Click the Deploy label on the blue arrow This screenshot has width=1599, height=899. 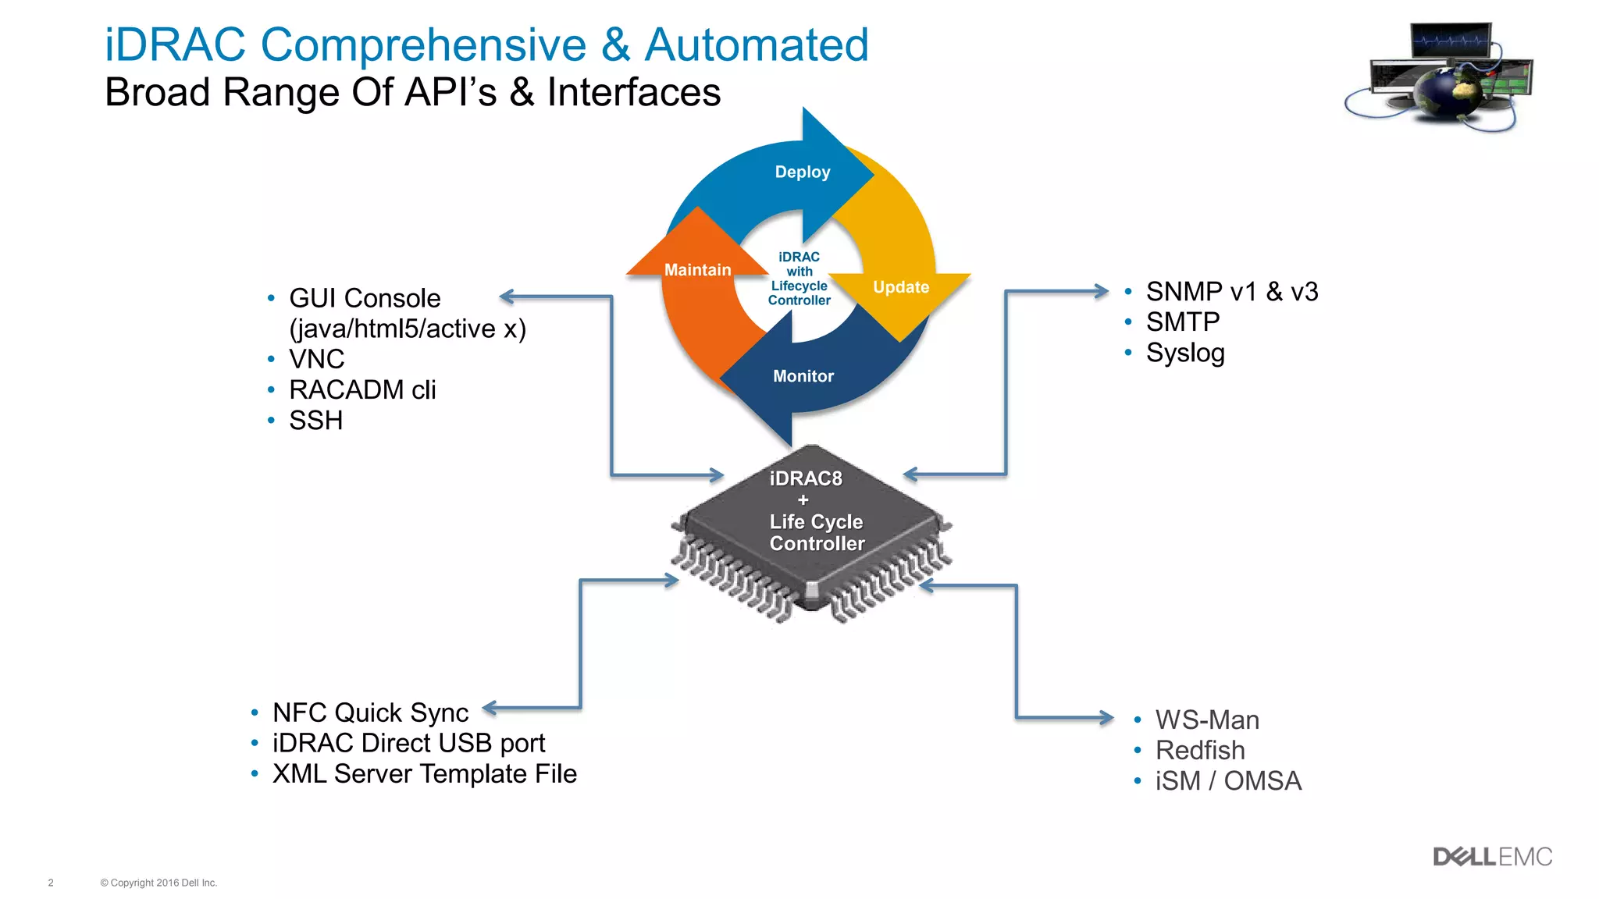click(802, 172)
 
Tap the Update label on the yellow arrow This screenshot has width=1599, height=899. click(900, 287)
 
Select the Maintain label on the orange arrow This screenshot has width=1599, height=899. click(697, 270)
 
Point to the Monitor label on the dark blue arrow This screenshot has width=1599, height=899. click(803, 376)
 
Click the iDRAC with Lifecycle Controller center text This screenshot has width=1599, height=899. click(799, 279)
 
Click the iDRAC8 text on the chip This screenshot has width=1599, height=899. click(805, 478)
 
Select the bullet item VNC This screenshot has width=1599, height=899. click(316, 359)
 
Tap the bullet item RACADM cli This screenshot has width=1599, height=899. click(362, 389)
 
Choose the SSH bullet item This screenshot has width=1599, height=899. click(315, 421)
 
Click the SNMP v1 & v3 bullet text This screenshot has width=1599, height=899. click(1231, 292)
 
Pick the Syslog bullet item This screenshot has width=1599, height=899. click(1184, 353)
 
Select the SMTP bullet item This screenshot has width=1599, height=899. click(1182, 322)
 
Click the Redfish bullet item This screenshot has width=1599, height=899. click(1199, 750)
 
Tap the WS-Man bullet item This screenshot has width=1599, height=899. click(1206, 720)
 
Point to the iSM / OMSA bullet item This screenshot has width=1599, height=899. click(1227, 780)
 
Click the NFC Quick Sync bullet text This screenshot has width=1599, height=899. click(370, 712)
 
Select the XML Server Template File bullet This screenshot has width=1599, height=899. click(424, 773)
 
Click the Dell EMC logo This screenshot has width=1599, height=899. click(1492, 857)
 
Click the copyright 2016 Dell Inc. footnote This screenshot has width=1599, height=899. click(158, 883)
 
